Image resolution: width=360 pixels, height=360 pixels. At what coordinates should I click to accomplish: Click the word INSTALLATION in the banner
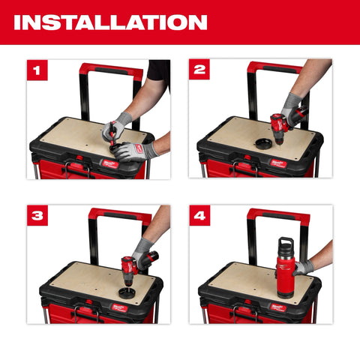click(x=110, y=22)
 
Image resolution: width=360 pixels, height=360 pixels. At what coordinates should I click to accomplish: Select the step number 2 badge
click(x=199, y=70)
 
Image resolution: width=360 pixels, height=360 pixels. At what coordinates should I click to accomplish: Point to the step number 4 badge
click(x=199, y=216)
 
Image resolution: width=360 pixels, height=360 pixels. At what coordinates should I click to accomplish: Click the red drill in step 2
click(x=282, y=125)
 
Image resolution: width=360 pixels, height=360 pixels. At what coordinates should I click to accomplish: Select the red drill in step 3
click(x=129, y=265)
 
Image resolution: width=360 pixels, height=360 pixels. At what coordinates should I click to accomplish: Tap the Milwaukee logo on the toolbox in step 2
click(x=277, y=163)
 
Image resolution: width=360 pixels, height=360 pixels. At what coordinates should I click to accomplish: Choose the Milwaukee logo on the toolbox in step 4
click(x=278, y=307)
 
